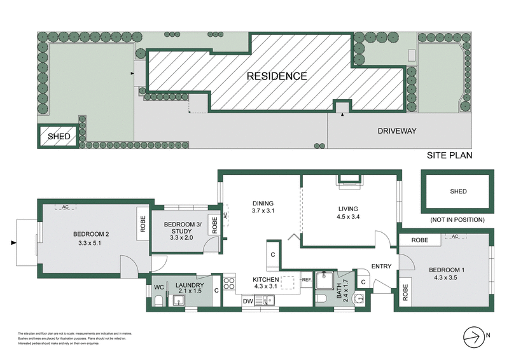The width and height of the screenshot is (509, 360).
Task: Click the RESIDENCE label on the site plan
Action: click(277, 76)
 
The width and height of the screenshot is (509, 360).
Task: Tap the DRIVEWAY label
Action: click(396, 131)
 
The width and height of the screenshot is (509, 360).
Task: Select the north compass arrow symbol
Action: click(473, 335)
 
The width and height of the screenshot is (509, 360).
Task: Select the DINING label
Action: click(261, 203)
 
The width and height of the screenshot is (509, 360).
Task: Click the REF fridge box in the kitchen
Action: click(306, 279)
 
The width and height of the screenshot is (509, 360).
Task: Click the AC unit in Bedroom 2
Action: click(64, 207)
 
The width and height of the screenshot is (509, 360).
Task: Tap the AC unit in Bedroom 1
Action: click(454, 237)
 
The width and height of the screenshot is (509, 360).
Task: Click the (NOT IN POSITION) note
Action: click(457, 219)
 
